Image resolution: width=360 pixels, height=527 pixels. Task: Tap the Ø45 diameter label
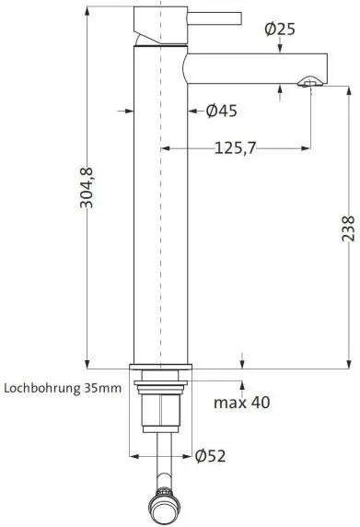pyautogui.click(x=221, y=111)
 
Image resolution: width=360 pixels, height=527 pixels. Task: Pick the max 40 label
pyautogui.click(x=243, y=403)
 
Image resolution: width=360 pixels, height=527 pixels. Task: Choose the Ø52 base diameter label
pyautogui.click(x=210, y=455)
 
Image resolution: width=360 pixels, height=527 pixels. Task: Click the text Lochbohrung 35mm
pyautogui.click(x=62, y=388)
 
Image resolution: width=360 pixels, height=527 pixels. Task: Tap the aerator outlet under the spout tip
pyautogui.click(x=308, y=85)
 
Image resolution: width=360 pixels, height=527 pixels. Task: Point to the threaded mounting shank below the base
pyautogui.click(x=161, y=405)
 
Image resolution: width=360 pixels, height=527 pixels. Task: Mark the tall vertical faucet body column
pyautogui.click(x=161, y=230)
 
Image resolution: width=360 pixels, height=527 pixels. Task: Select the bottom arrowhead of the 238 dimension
pyautogui.click(x=348, y=363)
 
